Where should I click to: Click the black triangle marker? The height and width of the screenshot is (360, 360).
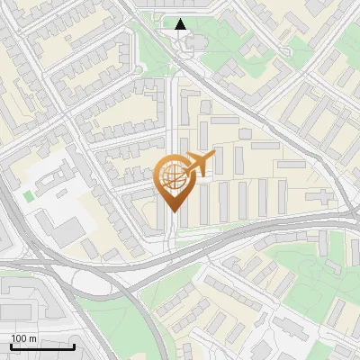tap(181, 24)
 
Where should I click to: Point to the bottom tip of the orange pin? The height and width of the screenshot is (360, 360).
tap(172, 213)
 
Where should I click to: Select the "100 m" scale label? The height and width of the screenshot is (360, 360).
tap(23, 338)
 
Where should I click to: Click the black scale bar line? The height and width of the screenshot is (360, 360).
tap(43, 346)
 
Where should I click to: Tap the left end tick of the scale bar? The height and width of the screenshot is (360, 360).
tap(12, 345)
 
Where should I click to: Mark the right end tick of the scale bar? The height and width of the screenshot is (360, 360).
tap(75, 345)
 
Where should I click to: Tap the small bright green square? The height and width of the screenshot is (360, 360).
tap(29, 195)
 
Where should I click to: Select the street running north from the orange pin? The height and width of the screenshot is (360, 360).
tap(172, 108)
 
